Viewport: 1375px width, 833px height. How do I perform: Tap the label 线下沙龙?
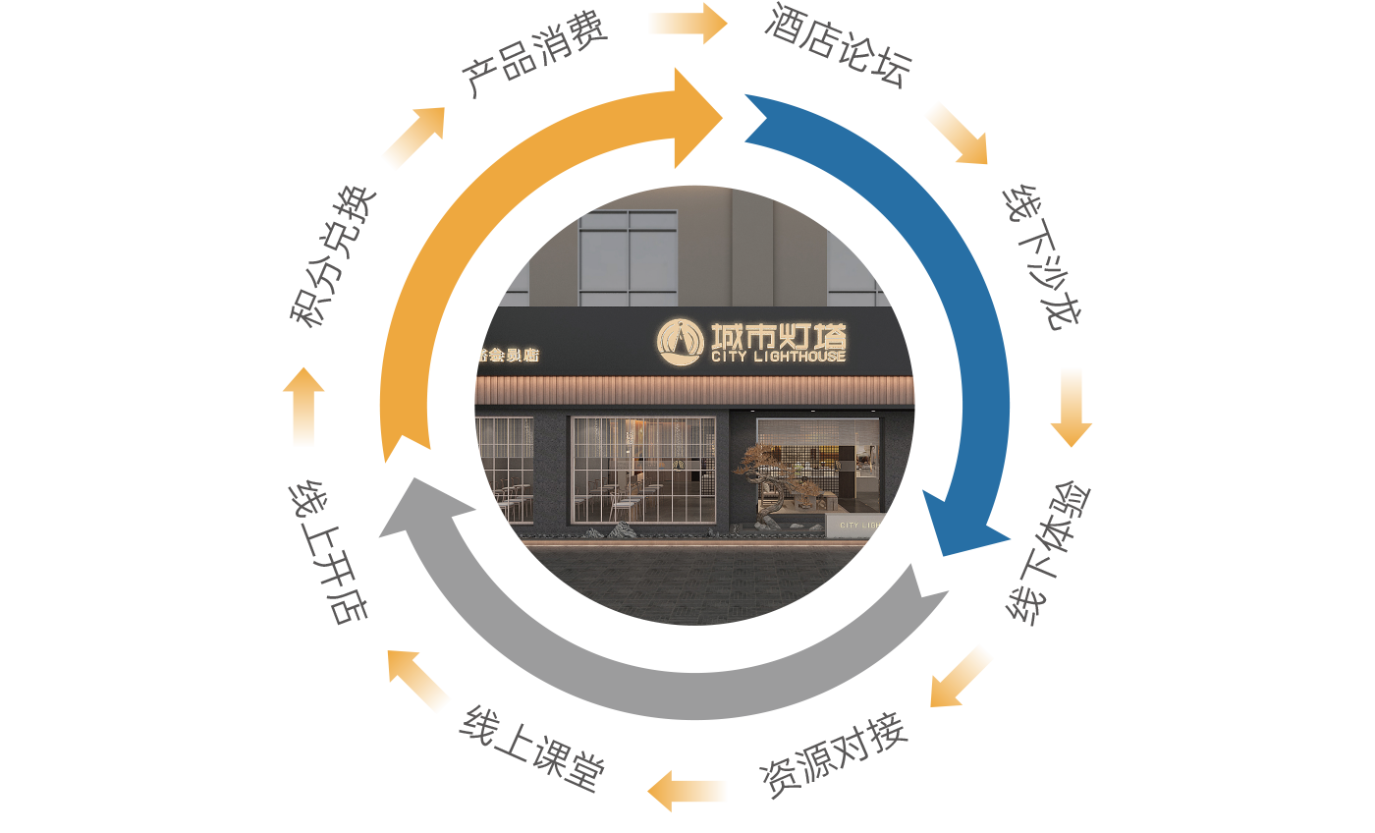(1045, 257)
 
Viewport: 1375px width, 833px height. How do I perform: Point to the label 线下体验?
(1050, 552)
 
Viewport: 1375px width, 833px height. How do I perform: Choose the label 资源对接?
(833, 760)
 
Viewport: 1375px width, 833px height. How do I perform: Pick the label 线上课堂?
(531, 756)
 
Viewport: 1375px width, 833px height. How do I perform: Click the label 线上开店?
(328, 552)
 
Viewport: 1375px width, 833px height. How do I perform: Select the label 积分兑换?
(333, 255)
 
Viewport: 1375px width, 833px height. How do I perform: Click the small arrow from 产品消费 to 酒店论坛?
(687, 23)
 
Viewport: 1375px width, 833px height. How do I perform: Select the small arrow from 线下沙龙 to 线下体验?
(1071, 407)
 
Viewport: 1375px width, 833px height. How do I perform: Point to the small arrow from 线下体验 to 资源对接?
(961, 677)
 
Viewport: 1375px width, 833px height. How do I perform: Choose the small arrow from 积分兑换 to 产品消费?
(413, 138)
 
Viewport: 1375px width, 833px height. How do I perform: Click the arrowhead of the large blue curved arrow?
(958, 526)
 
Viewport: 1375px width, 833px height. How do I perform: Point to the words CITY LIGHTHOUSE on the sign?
(778, 357)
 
